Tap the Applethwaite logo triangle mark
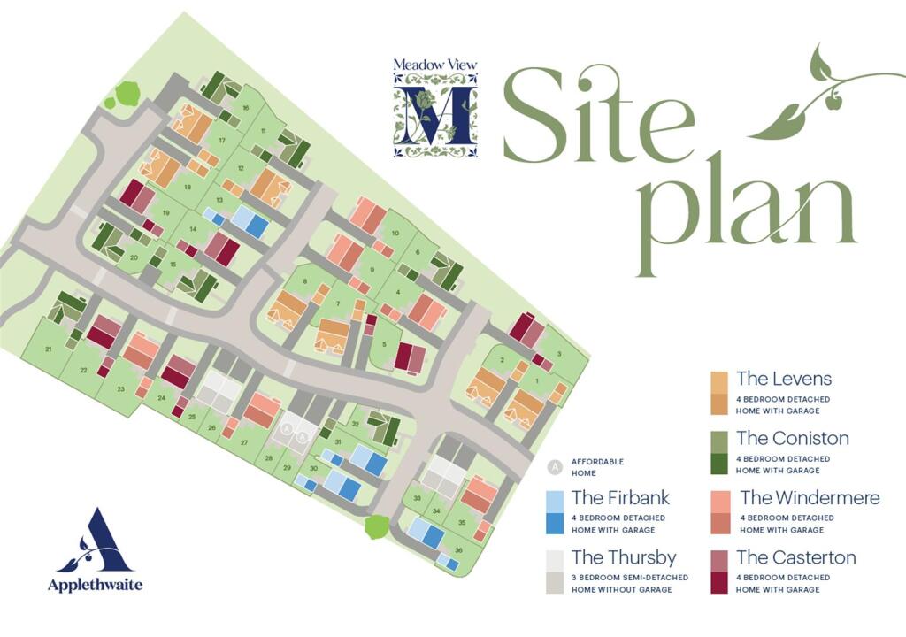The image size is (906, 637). click(93, 541)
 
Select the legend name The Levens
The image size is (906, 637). click(783, 379)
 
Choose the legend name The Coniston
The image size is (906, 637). click(792, 438)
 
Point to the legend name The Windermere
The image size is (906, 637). click(810, 498)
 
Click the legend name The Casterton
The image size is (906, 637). click(795, 557)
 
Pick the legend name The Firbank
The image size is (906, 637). click(620, 497)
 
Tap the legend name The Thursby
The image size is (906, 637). click(624, 557)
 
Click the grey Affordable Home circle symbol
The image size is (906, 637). click(555, 465)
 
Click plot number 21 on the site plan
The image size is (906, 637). click(49, 350)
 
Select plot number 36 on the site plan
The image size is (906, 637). click(458, 550)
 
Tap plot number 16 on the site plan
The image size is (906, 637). click(245, 109)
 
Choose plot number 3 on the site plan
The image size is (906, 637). click(559, 353)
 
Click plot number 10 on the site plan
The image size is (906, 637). click(395, 233)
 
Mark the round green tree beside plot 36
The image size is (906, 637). click(376, 527)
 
